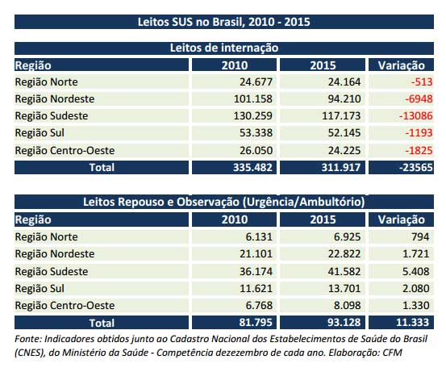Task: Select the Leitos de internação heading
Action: [x=223, y=48]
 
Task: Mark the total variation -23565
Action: [x=413, y=168]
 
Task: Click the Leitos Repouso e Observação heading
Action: [x=223, y=201]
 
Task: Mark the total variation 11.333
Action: [x=413, y=322]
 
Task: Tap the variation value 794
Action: [x=420, y=237]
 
